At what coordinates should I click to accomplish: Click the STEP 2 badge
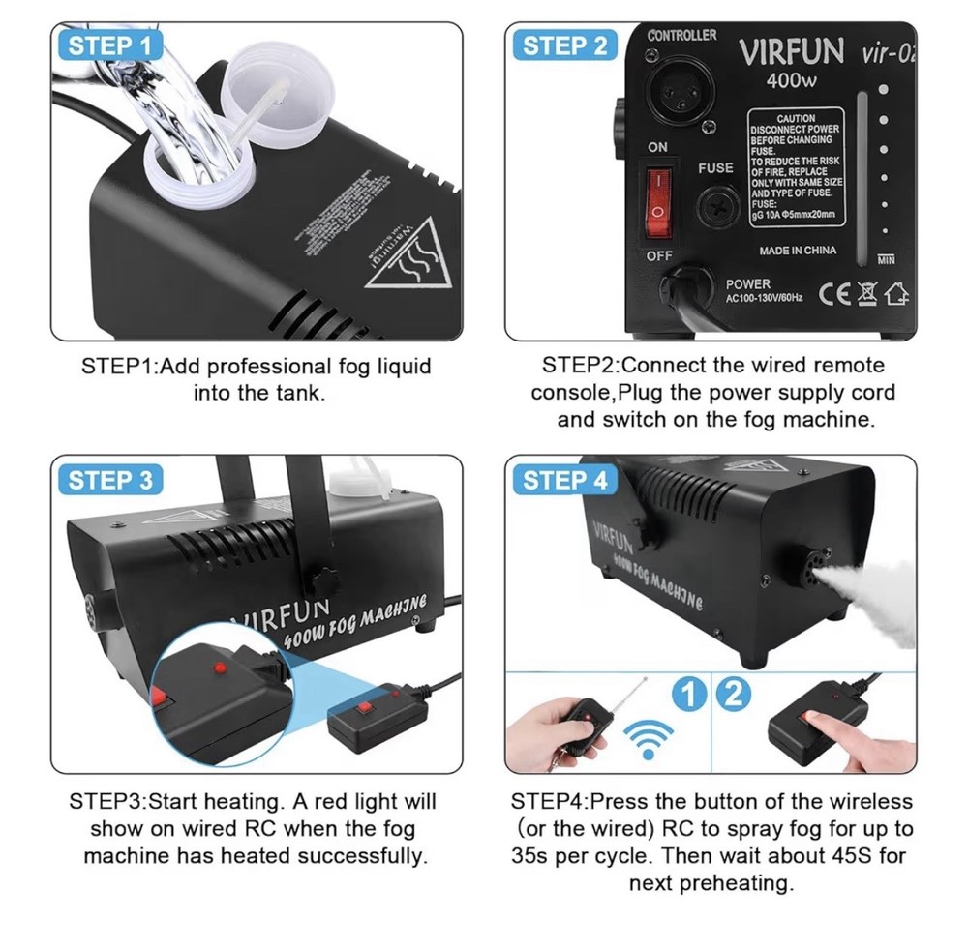(x=564, y=45)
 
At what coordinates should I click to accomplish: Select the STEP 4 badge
(x=564, y=480)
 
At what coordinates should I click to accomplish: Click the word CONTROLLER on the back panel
(x=681, y=35)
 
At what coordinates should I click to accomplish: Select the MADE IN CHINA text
(x=797, y=251)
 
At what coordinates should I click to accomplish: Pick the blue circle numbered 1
(x=688, y=694)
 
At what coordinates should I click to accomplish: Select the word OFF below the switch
(x=658, y=255)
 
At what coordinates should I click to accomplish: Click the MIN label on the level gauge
(x=885, y=259)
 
